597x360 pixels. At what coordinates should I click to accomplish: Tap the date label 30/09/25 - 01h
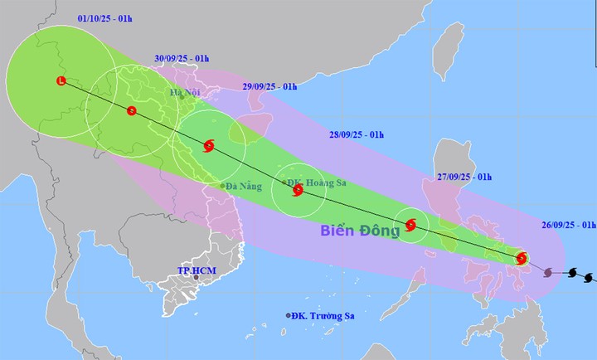point(182,58)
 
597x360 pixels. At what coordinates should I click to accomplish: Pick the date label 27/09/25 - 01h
point(465,177)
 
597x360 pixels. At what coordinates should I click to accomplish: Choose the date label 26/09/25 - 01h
point(570,225)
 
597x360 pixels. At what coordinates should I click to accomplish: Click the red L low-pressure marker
point(61,80)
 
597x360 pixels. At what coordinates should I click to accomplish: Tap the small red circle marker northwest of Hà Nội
point(132,110)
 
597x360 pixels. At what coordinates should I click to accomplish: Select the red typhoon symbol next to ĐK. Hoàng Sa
point(298,191)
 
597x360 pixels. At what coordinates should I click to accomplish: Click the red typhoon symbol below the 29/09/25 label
point(208,147)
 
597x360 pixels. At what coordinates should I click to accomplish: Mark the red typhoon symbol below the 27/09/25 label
point(411,224)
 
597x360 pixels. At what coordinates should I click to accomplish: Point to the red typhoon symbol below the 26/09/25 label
point(522,257)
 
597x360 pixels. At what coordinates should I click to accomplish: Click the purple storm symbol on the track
point(548,271)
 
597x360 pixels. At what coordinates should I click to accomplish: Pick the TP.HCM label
point(196,271)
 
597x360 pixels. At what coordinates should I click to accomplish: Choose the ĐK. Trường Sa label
point(321,315)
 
